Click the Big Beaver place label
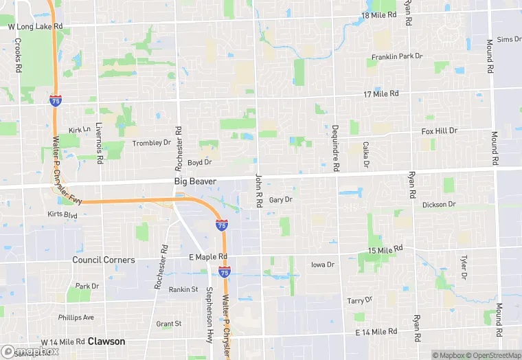[195, 181]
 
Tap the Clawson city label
[106, 341]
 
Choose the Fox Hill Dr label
[439, 131]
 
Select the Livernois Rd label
[99, 144]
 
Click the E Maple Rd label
[207, 257]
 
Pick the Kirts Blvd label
[63, 215]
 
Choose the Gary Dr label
[281, 200]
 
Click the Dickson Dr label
[439, 204]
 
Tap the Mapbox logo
[30, 350]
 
